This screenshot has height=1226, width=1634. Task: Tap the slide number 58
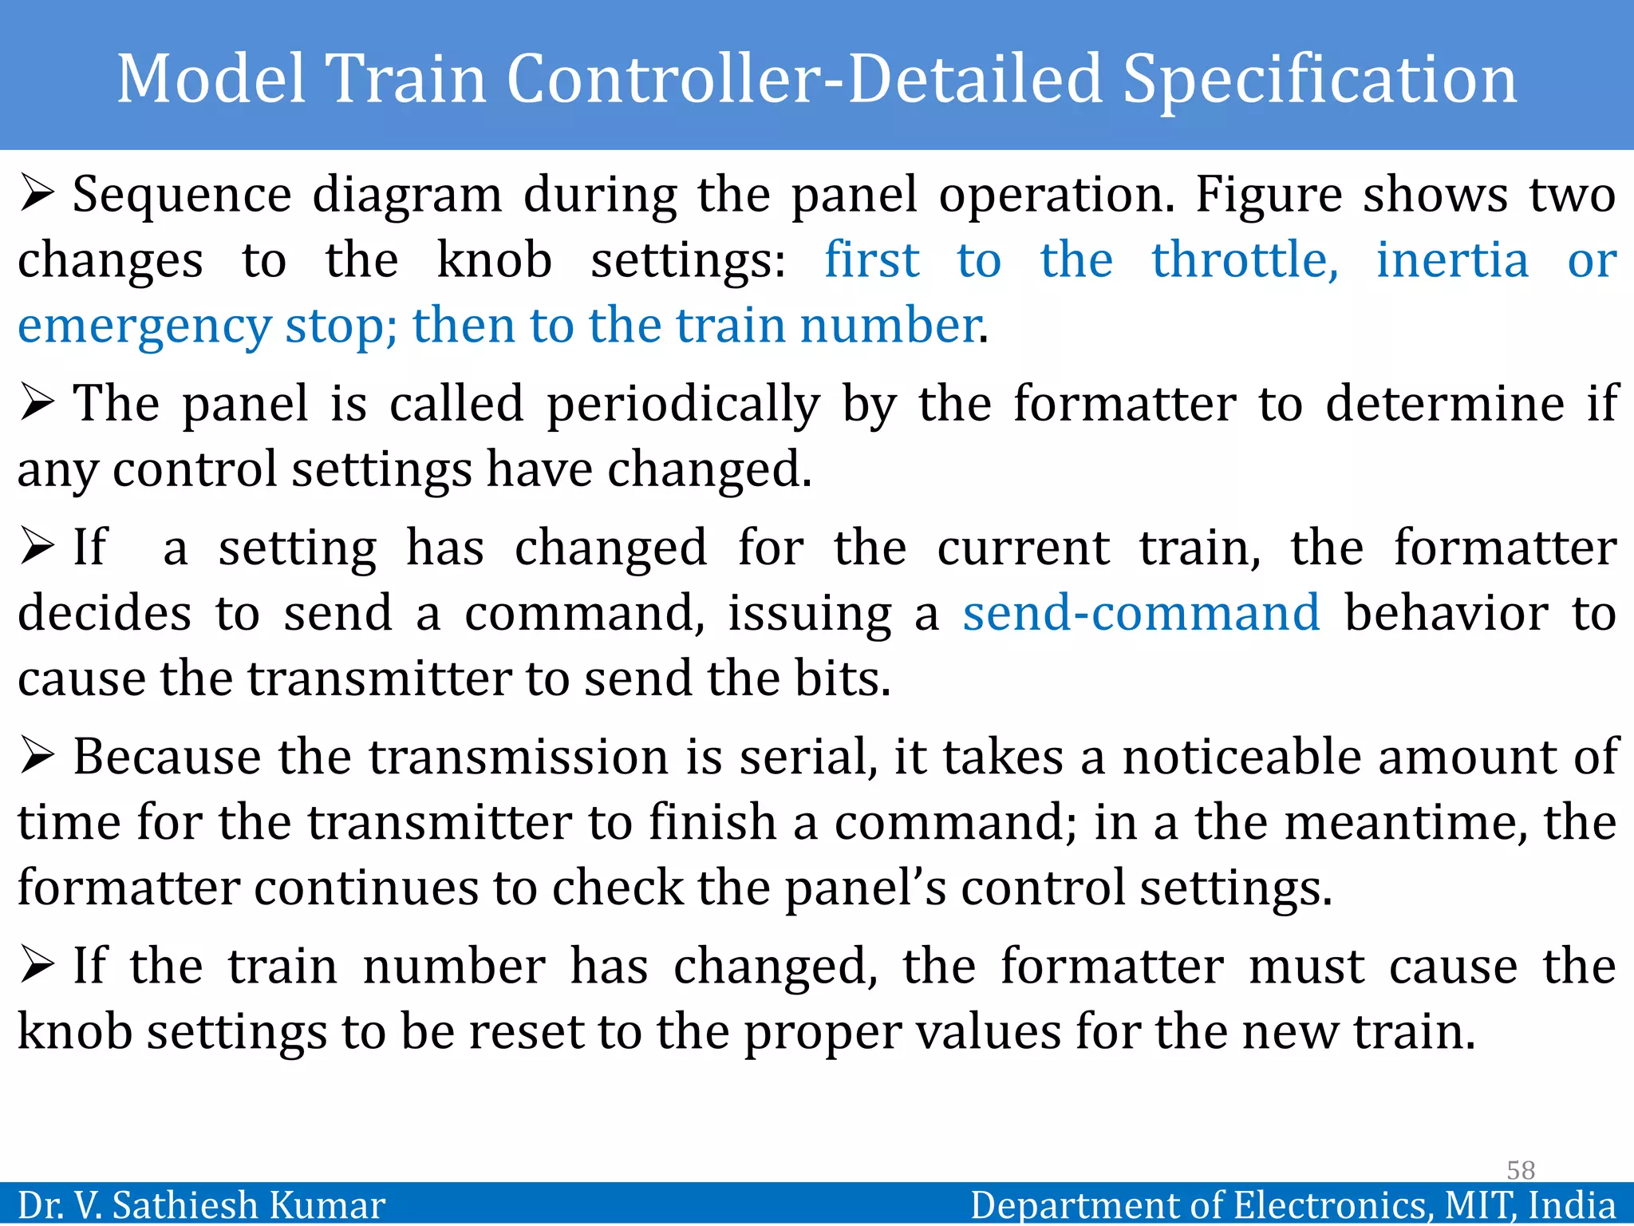(1520, 1170)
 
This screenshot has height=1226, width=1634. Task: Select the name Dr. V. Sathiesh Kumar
(201, 1205)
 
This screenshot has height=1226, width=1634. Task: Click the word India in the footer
(1572, 1205)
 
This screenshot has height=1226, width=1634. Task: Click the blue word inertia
(1452, 260)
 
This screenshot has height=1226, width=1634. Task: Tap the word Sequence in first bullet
(182, 196)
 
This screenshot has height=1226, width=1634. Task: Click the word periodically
(683, 405)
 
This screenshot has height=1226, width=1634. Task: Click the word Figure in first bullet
(1269, 196)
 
